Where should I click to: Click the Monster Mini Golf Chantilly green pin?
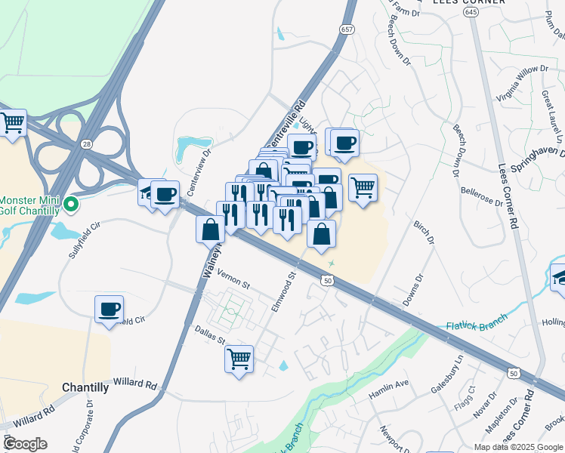coord(71,204)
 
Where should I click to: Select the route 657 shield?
coord(347,29)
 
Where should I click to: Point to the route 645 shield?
coord(471,13)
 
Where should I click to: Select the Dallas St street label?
coord(210,335)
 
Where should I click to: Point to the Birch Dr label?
coord(425,233)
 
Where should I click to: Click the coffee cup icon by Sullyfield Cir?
coord(110,309)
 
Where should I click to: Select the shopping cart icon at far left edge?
coord(12,122)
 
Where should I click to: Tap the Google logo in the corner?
coord(25,444)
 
